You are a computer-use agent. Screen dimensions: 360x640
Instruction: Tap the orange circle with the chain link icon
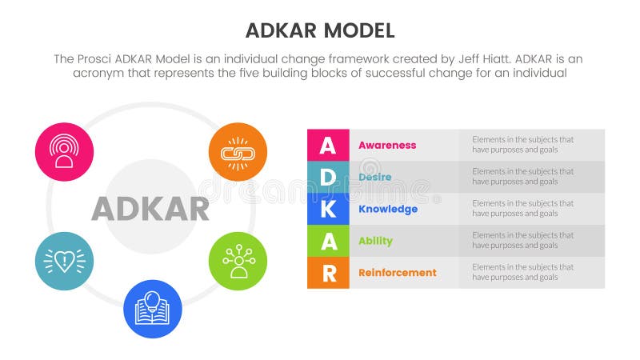pos(238,151)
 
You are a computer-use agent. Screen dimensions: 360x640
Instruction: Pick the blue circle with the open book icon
pos(153,309)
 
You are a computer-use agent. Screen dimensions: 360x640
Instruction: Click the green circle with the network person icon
pos(238,262)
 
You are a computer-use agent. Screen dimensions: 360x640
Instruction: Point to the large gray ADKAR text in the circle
pos(150,209)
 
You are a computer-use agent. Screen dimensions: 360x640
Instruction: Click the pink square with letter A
pos(328,145)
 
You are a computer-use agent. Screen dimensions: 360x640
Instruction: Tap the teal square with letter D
pos(328,177)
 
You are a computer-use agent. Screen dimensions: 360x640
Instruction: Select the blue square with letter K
pos(328,209)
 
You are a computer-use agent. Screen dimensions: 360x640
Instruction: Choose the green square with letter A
pos(328,241)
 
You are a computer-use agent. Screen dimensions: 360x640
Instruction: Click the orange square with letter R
pos(328,273)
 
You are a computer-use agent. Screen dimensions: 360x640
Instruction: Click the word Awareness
pos(387,145)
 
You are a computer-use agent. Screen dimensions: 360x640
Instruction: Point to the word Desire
pos(374,177)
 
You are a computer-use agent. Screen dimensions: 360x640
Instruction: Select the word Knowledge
pos(388,209)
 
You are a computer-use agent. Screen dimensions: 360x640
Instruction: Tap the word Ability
pos(375,241)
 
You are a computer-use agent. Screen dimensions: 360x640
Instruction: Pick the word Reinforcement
pos(398,273)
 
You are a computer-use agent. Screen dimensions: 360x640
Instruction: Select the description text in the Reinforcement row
pos(522,273)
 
